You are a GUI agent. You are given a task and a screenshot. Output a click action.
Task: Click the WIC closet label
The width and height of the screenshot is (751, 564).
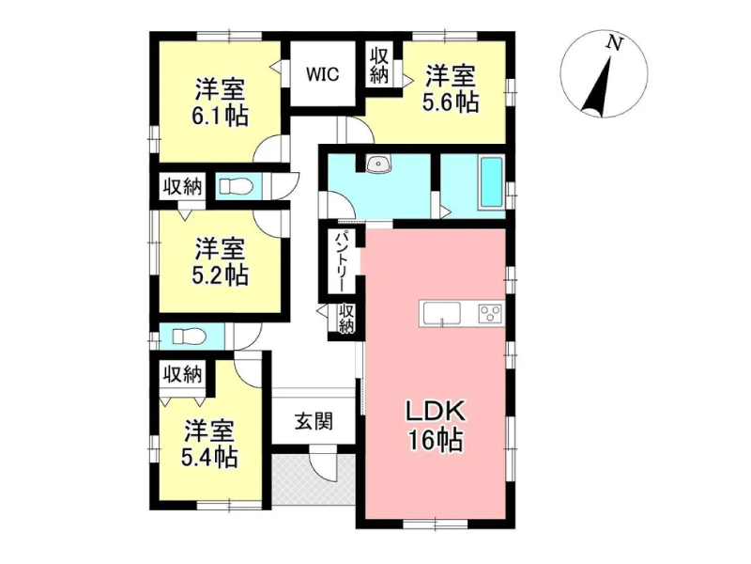click(322, 74)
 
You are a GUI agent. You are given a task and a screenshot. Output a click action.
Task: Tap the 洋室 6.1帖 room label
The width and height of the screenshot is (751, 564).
click(220, 102)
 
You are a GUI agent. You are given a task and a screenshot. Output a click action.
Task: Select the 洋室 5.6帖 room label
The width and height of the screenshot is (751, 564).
click(451, 88)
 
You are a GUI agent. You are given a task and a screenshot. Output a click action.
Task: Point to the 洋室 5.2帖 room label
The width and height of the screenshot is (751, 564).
click(220, 262)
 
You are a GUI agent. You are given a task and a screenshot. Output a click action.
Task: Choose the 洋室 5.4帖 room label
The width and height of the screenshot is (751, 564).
click(209, 444)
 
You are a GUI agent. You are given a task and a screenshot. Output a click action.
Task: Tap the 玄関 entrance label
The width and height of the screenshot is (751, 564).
click(314, 421)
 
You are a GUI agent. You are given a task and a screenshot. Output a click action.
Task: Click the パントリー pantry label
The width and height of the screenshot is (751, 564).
click(343, 262)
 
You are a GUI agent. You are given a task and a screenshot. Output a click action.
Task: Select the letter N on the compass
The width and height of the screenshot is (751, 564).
click(614, 44)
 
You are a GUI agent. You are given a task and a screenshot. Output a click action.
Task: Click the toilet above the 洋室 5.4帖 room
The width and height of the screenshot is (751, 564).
click(189, 336)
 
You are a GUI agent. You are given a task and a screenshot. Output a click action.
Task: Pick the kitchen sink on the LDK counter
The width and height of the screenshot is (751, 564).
click(441, 314)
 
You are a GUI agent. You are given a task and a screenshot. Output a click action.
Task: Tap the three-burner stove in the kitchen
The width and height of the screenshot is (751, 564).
click(490, 314)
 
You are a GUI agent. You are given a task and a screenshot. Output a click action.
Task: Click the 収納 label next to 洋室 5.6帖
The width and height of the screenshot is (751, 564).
click(378, 67)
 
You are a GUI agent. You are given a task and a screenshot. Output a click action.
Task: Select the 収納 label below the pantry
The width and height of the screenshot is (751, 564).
click(346, 319)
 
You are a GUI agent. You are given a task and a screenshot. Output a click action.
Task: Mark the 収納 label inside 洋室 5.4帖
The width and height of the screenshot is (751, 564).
click(182, 374)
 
